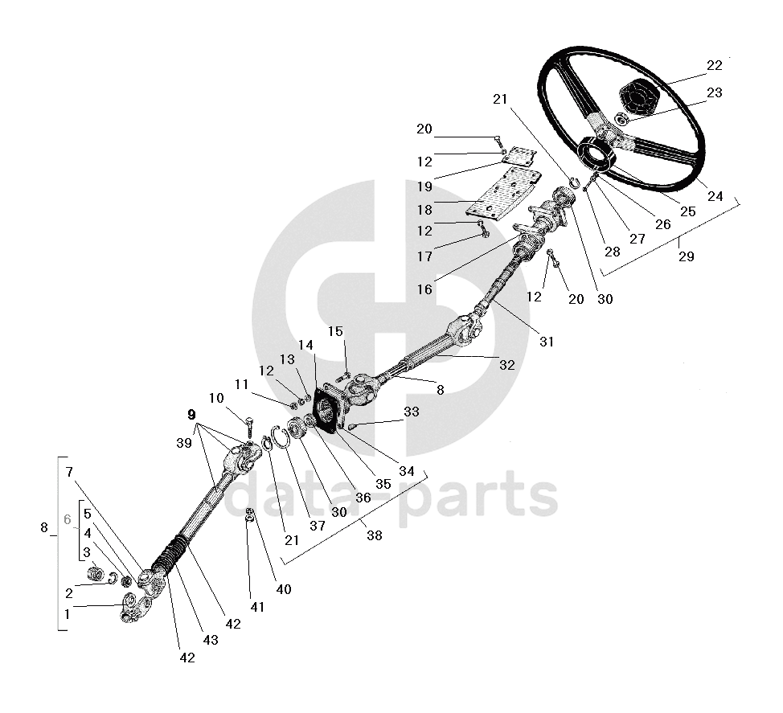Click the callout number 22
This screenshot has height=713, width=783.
click(x=715, y=65)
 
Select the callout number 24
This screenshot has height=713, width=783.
click(x=714, y=195)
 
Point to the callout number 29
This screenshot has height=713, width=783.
click(x=686, y=256)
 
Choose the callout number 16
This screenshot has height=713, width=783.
click(x=424, y=289)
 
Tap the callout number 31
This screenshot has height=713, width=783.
click(x=547, y=342)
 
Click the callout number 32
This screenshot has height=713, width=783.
click(x=506, y=364)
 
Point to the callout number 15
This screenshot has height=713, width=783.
click(x=334, y=331)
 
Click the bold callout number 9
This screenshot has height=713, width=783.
click(x=191, y=415)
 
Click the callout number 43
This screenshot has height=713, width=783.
click(x=211, y=640)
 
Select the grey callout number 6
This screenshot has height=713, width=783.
click(x=68, y=519)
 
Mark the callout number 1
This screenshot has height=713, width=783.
click(x=68, y=614)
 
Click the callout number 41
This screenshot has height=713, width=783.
click(x=256, y=607)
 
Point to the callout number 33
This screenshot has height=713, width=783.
click(x=412, y=412)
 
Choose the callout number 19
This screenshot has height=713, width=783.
click(x=424, y=186)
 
